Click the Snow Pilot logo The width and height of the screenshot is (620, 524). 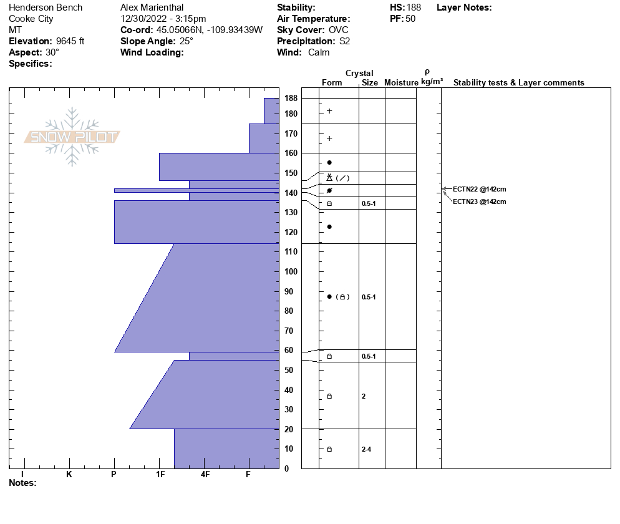[72, 137]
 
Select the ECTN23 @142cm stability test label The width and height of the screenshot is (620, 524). [479, 201]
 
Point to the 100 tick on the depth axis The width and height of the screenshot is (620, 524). [291, 271]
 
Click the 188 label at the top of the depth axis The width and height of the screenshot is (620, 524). [291, 98]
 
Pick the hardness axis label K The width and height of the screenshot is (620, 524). [69, 474]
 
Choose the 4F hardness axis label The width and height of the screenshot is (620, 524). [205, 474]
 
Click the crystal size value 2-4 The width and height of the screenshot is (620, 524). [367, 449]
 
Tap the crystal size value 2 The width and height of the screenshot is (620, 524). [364, 396]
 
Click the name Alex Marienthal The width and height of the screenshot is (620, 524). [152, 7]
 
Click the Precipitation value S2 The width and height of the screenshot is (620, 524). [345, 41]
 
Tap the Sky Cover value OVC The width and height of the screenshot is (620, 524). [339, 30]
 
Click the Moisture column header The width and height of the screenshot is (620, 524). [401, 83]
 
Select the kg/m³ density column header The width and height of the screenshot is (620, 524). [432, 82]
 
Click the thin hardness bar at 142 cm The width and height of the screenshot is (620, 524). [196, 190]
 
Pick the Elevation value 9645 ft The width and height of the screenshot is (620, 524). [65, 41]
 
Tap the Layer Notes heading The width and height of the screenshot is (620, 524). [464, 7]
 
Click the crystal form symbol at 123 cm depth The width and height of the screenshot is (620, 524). [329, 226]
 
